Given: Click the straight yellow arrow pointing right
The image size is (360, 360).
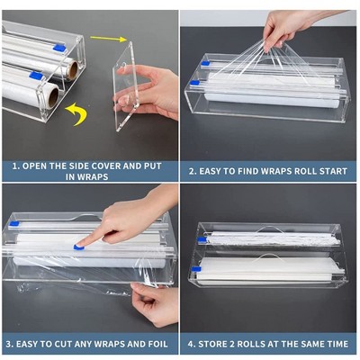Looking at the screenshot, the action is (108, 39).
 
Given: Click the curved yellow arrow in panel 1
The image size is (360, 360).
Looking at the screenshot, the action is (78, 113).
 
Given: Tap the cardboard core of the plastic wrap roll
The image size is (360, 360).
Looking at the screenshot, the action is (53, 96).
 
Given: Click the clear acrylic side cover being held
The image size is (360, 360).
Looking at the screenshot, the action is (126, 87).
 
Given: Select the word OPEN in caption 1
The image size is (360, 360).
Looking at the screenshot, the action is (34, 166).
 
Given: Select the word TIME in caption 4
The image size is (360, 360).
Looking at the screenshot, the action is (338, 344).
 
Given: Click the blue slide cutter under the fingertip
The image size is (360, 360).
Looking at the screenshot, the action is (79, 247).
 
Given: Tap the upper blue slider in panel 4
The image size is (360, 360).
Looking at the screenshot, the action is (202, 239).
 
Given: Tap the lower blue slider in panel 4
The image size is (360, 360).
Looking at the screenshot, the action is (196, 269).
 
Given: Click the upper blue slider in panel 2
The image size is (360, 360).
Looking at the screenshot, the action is (205, 63).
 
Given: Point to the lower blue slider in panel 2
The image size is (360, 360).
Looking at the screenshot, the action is (195, 83).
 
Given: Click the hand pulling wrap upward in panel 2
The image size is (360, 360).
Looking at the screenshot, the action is (288, 29).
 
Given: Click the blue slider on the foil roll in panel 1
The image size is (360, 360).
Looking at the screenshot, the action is (59, 47).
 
